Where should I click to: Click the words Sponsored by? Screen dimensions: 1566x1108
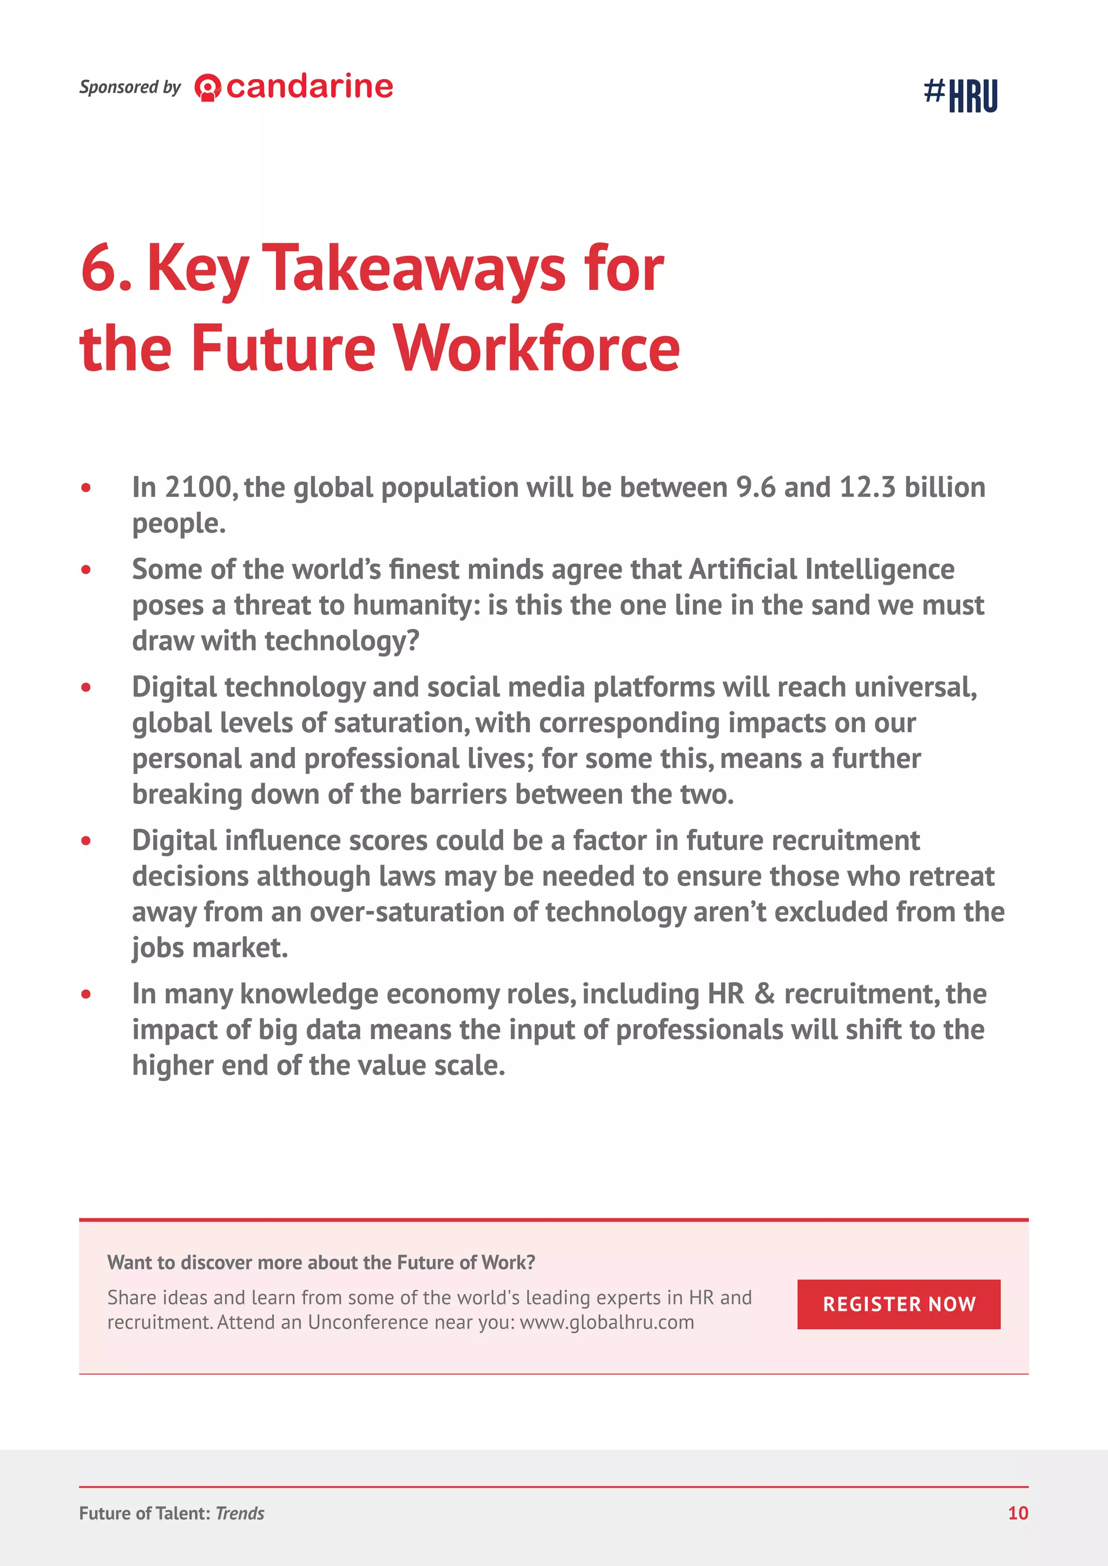pyautogui.click(x=130, y=87)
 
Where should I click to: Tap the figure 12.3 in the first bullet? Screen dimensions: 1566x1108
pyautogui.click(x=867, y=488)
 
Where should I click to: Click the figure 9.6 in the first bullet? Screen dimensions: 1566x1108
pyautogui.click(x=755, y=488)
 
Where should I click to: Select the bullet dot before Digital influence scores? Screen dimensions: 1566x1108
pyautogui.click(x=86, y=841)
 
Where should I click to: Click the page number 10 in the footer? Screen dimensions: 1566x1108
pyautogui.click(x=1017, y=1513)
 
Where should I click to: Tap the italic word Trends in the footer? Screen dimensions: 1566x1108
pyautogui.click(x=240, y=1514)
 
